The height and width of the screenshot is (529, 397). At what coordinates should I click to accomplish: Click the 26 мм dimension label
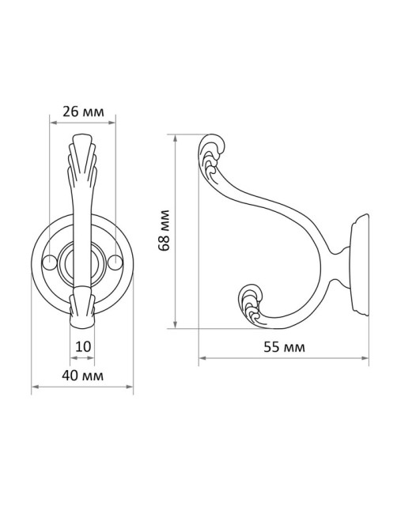tap(83, 111)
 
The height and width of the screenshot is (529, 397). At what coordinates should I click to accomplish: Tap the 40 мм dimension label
tap(82, 375)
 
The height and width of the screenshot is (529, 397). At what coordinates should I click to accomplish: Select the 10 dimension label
tap(83, 346)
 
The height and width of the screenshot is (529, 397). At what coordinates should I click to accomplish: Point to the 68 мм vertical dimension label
tap(164, 230)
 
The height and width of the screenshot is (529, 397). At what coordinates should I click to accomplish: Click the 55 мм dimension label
tap(284, 347)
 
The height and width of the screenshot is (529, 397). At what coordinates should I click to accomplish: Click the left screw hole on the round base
tap(50, 263)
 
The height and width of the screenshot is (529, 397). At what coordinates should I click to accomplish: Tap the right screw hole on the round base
tap(115, 263)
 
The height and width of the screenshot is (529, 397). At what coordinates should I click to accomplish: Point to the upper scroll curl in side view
tap(211, 153)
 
